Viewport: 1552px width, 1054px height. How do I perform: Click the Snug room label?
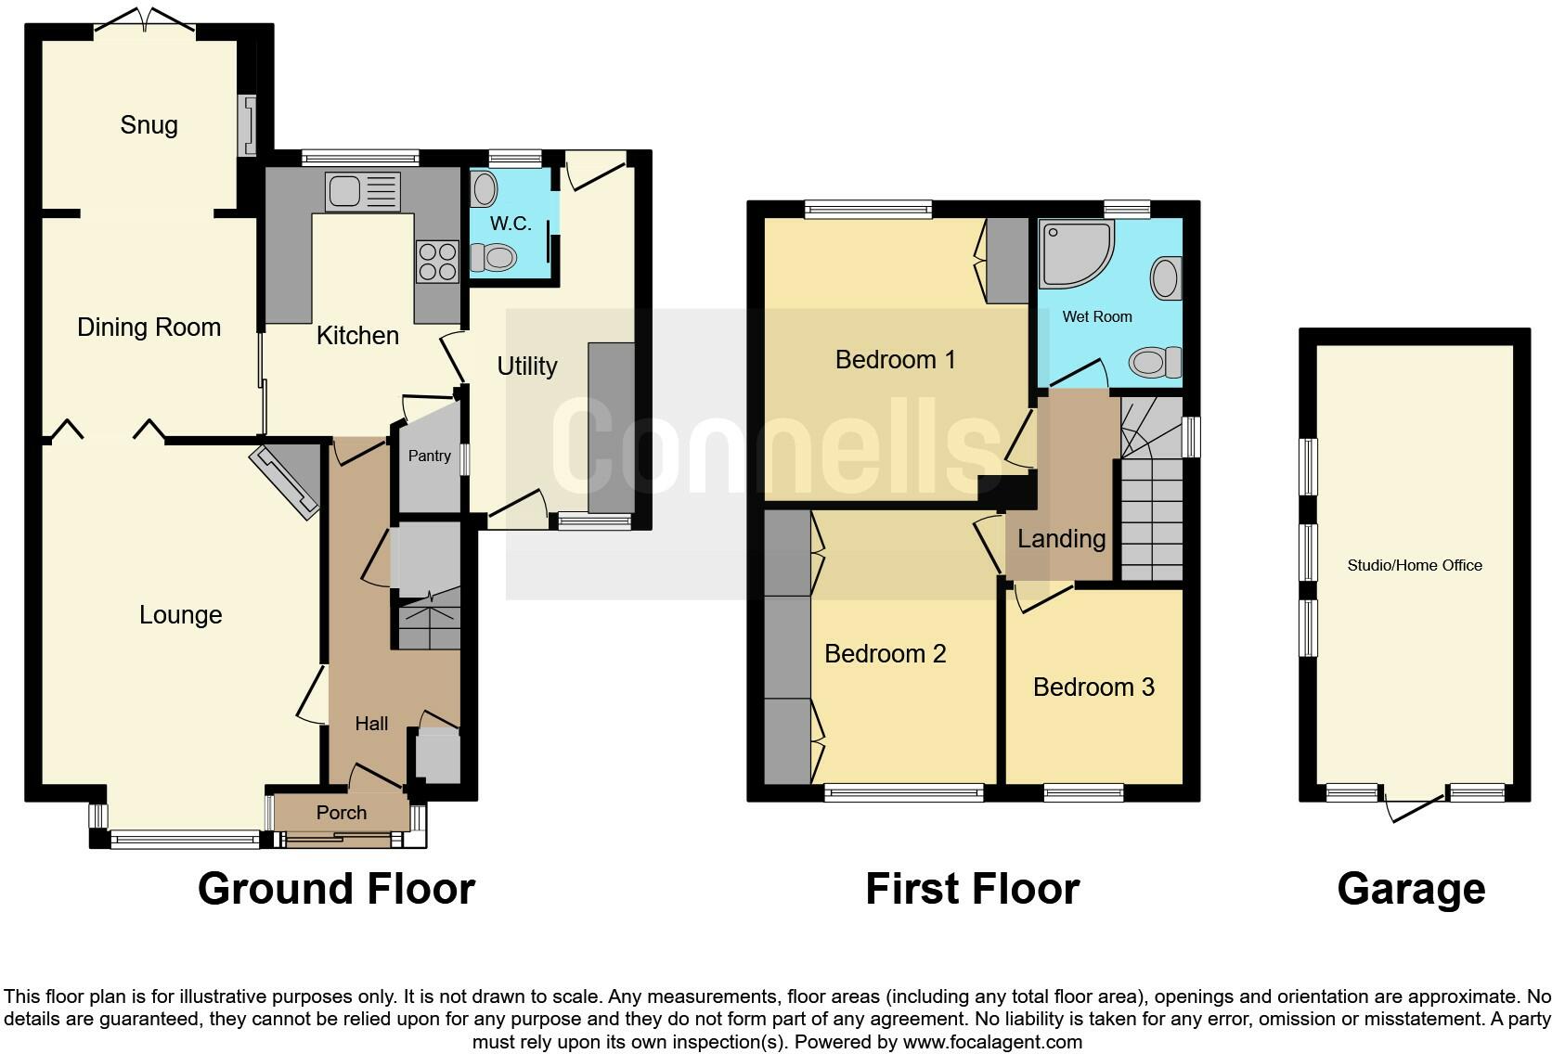(149, 125)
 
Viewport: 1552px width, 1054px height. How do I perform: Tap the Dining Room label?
(149, 328)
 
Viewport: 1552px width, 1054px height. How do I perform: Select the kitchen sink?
(363, 192)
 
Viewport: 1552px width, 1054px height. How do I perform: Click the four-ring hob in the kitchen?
(437, 261)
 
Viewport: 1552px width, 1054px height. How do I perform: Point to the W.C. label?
(511, 225)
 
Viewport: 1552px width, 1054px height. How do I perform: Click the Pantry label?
(430, 456)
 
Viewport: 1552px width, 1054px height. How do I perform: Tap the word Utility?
(527, 366)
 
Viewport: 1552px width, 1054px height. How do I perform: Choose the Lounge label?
(180, 615)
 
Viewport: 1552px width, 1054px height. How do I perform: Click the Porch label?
(342, 813)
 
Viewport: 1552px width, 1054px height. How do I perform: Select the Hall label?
(371, 724)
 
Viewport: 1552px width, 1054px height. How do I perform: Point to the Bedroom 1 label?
(895, 360)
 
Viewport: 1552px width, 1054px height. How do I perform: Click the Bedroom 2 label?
(885, 654)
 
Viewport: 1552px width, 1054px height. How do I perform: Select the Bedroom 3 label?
(1093, 688)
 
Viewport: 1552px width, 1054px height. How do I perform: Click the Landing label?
(1061, 539)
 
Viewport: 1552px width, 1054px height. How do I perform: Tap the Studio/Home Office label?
(1415, 565)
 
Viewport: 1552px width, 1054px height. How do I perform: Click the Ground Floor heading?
(336, 889)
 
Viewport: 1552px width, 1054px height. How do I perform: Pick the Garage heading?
(1411, 889)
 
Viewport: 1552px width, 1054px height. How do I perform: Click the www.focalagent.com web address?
(992, 1042)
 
